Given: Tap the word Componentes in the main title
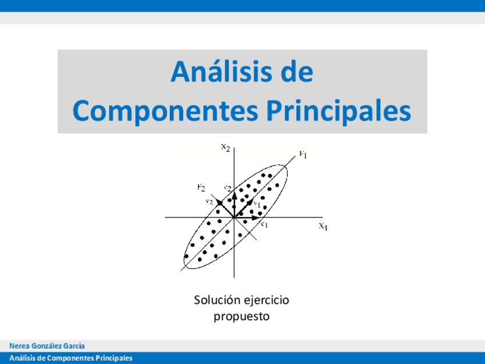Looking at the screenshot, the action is [165, 112].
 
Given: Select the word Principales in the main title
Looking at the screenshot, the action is [339, 112].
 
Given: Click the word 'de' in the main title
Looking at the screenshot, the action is [297, 72].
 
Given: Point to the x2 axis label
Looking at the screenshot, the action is [226, 147].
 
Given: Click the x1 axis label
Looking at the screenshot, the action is [323, 226].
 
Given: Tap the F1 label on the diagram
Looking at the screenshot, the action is [303, 154].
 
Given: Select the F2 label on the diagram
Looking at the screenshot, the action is [201, 187].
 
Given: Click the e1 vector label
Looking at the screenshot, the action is [264, 224].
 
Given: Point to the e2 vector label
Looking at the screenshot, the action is [228, 188].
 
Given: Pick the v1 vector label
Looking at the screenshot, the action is [257, 204].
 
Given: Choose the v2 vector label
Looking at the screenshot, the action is [210, 201].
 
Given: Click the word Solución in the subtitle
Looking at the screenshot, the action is [217, 300].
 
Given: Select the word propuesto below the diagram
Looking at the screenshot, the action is [241, 317].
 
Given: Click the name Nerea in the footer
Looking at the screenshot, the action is [19, 346].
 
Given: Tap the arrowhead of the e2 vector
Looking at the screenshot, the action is [234, 195].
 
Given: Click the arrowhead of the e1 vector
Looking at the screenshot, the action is [255, 217].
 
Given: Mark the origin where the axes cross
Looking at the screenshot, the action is [234, 217].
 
